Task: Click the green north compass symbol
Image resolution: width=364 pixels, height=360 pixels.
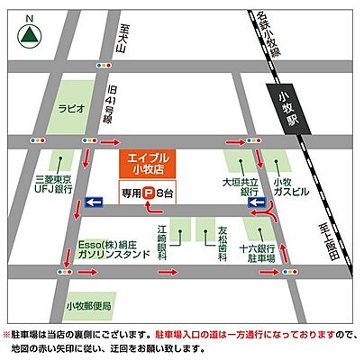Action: coord(30,35)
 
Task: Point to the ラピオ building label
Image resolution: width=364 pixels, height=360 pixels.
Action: coord(73,108)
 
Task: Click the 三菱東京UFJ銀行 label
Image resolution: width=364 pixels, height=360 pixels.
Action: coord(54,184)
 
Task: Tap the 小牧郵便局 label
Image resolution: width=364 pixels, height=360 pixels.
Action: coord(88,306)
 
